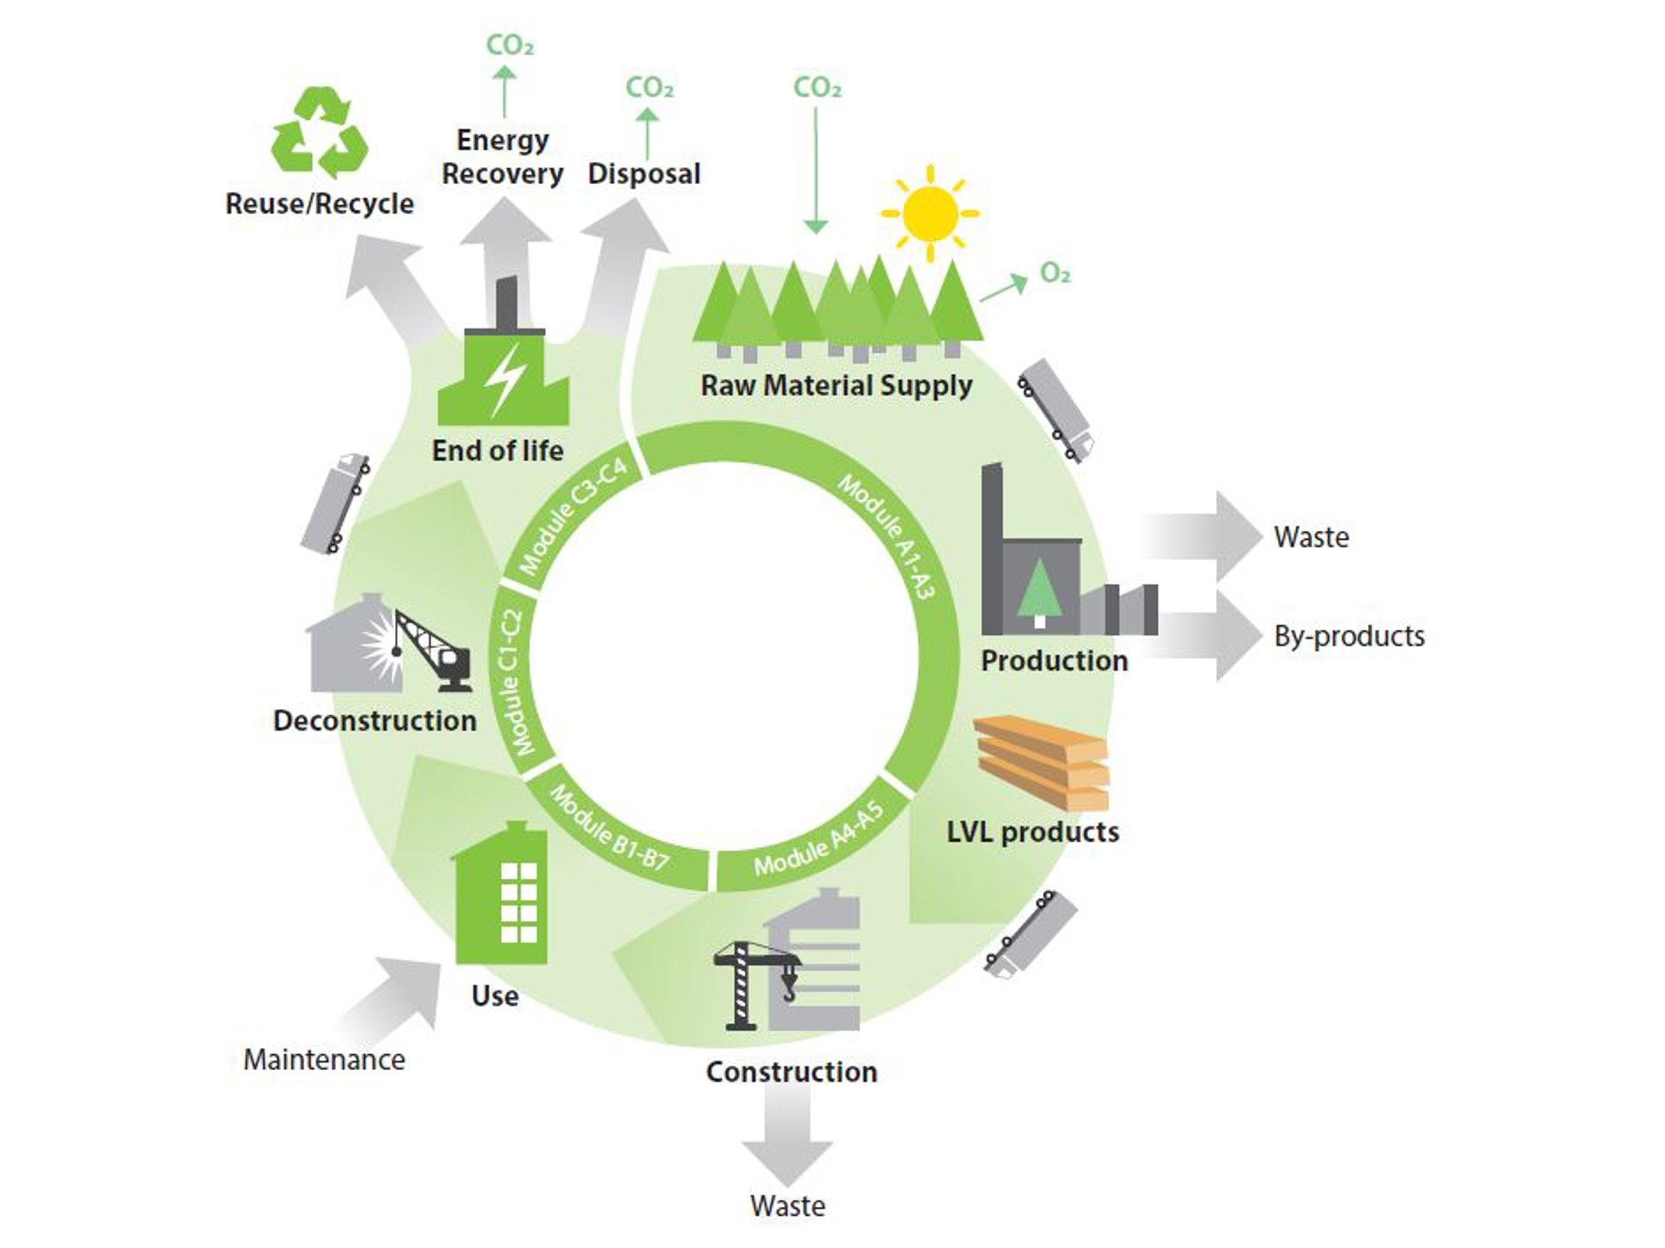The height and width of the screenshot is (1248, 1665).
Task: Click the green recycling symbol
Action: click(320, 134)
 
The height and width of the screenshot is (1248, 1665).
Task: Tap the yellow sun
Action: click(929, 213)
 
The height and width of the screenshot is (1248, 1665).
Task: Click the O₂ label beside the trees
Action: click(1055, 273)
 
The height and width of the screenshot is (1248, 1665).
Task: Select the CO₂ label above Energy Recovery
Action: click(509, 45)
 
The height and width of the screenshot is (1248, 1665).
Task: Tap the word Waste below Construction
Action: click(787, 1206)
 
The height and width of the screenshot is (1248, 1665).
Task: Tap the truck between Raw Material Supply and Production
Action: click(1056, 410)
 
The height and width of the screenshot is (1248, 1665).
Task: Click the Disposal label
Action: click(644, 173)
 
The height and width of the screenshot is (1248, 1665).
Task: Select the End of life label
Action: click(497, 450)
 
